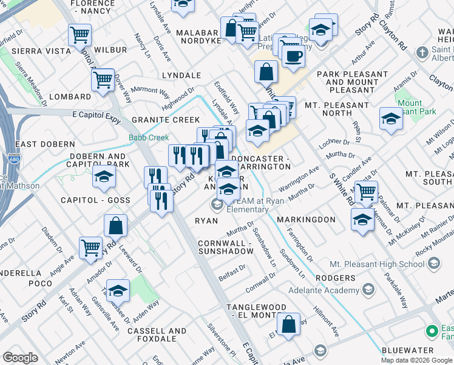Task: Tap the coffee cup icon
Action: coord(294,56)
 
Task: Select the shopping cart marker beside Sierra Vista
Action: coord(80,36)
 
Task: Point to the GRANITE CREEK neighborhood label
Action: coord(166,120)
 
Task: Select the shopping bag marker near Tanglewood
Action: coord(290,324)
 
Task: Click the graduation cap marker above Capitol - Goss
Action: coord(104,177)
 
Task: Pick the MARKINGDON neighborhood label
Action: coord(306,219)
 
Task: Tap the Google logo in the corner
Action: coord(20,358)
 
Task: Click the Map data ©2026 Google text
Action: coord(416,360)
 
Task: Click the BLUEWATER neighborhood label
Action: coord(408,350)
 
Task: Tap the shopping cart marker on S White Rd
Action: coord(366,192)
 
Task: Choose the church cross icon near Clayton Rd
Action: coord(422,53)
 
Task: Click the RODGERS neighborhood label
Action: coord(335,278)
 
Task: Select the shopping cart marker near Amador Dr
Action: coord(90,248)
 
